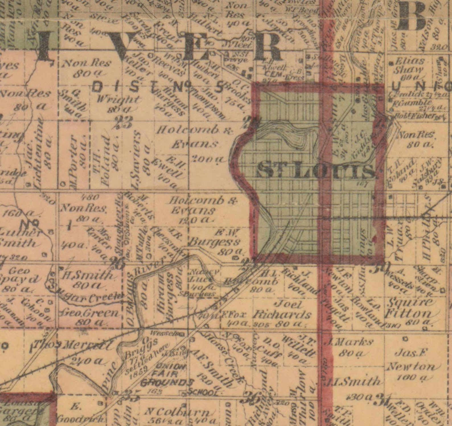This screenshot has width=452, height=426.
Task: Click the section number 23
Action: click(x=123, y=123)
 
